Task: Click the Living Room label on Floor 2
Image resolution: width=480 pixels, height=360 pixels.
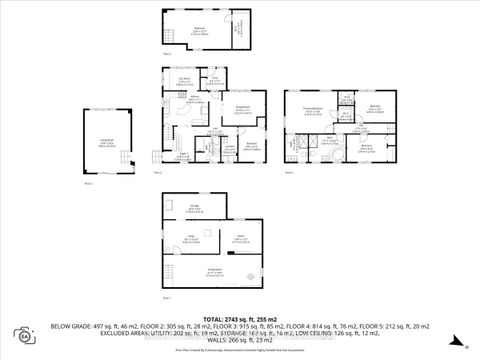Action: tap(106, 144)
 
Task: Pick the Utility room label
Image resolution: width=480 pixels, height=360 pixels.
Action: tap(187, 238)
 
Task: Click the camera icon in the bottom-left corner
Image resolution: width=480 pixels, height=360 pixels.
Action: tap(21, 334)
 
